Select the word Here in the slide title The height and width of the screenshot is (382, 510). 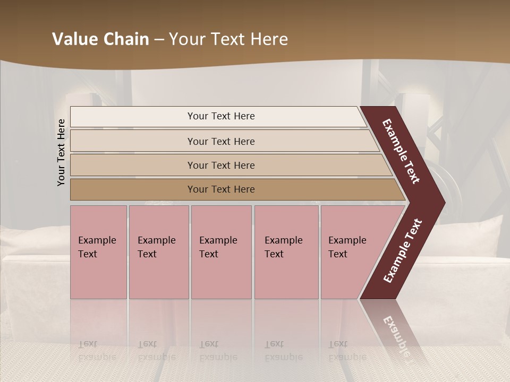point(269,39)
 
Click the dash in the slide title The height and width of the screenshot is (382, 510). point(159,39)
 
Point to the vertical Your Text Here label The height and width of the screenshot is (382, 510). point(61,152)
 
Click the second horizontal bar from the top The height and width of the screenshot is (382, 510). point(220,141)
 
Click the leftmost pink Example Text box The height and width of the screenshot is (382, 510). point(98,252)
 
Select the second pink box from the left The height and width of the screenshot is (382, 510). point(159,252)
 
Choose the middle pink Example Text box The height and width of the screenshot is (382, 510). point(221,252)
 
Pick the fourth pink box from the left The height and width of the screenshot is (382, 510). point(286,252)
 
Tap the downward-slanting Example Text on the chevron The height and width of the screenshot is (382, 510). point(402,151)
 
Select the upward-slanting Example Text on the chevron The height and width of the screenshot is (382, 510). point(403,251)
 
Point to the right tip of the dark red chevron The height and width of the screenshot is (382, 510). point(444,202)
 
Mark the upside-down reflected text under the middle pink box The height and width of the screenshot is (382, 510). point(218,351)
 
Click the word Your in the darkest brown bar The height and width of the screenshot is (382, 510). point(198,189)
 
